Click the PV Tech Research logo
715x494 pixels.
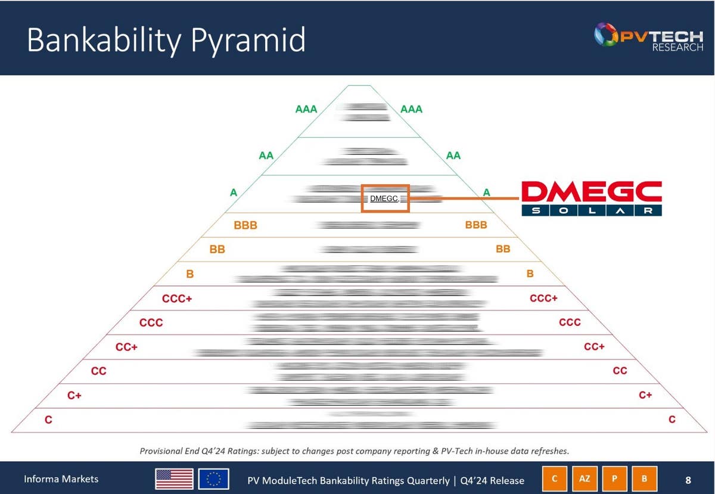(x=648, y=38)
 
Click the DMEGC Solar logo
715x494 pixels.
(x=591, y=198)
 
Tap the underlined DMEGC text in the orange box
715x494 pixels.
(x=384, y=198)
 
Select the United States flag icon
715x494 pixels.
(x=174, y=479)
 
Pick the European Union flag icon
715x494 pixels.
(x=213, y=479)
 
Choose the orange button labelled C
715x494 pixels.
(x=555, y=479)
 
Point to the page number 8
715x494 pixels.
(x=688, y=480)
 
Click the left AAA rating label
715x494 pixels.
(x=306, y=109)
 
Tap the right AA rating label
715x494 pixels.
(x=453, y=156)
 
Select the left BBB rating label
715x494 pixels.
(x=245, y=225)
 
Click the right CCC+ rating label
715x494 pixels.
(x=543, y=298)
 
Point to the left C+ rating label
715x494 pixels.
(x=74, y=395)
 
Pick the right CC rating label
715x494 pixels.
(x=620, y=371)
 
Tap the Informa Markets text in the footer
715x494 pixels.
(x=61, y=479)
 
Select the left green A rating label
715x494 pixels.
(x=234, y=192)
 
